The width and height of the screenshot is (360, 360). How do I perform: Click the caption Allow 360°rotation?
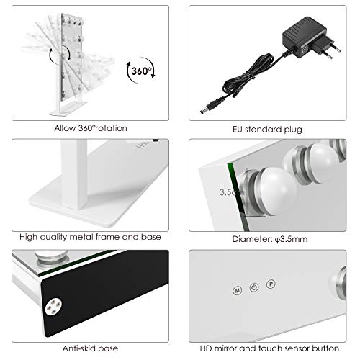click(x=90, y=127)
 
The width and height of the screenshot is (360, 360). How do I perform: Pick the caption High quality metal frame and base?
click(x=90, y=235)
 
